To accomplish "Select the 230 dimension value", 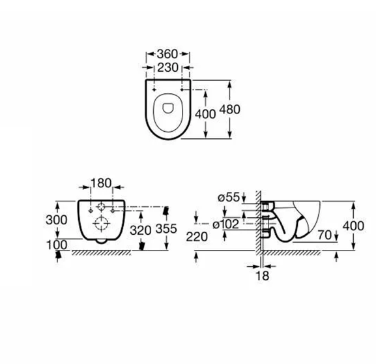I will [x=167, y=67].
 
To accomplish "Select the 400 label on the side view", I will [x=354, y=224].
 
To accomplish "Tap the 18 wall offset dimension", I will [x=262, y=276].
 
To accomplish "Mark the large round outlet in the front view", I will [x=100, y=223].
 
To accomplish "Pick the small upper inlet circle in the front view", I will [x=100, y=207].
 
